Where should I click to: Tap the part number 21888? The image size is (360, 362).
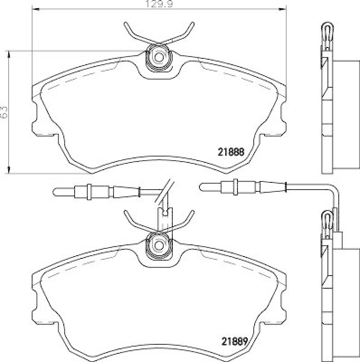232,153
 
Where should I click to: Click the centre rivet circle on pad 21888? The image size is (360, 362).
158,57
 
